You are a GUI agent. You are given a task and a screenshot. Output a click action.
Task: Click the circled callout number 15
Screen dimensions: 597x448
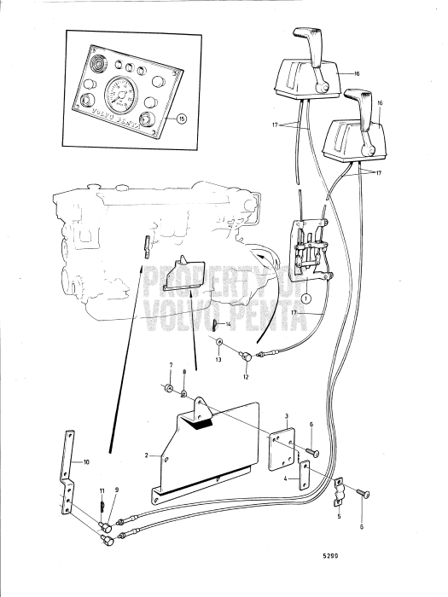point(181,119)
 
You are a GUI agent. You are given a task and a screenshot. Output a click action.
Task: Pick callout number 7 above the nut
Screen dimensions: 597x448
point(171,366)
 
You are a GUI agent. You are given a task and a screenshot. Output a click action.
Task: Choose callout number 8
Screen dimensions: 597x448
point(183,374)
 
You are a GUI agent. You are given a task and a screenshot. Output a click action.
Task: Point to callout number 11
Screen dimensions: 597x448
point(101,492)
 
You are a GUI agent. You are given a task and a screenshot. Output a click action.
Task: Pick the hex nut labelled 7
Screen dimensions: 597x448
point(170,390)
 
